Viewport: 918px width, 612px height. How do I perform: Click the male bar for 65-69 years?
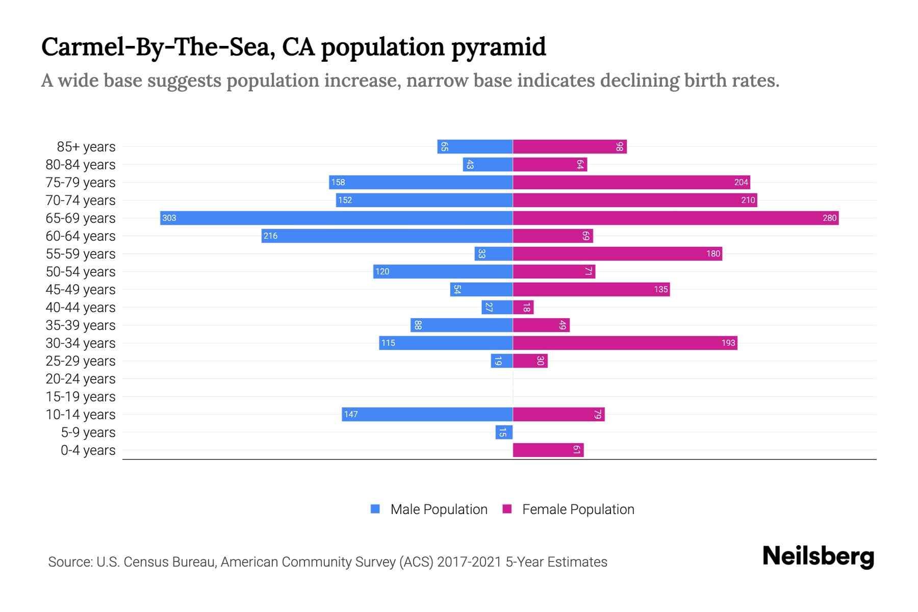336,218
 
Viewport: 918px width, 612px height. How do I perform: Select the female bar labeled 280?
675,218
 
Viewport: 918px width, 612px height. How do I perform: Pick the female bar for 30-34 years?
625,343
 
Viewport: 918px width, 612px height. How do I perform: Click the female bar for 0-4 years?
548,450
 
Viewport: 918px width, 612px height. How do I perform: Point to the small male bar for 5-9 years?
504,432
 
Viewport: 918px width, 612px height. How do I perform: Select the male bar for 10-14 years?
427,415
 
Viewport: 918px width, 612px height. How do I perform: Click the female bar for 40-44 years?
523,308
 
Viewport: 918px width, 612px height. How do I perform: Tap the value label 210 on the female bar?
748,200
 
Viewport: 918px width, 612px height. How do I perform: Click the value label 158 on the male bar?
338,183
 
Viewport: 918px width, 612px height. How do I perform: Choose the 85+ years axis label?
86,147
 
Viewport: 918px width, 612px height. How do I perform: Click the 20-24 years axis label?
81,379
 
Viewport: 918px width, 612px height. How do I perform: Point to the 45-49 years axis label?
81,290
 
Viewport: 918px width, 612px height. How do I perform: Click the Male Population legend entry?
439,509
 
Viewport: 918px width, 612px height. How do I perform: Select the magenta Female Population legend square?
507,509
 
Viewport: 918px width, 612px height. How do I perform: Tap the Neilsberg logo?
818,556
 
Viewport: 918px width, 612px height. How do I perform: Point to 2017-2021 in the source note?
469,562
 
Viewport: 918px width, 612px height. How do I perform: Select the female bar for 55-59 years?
617,254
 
